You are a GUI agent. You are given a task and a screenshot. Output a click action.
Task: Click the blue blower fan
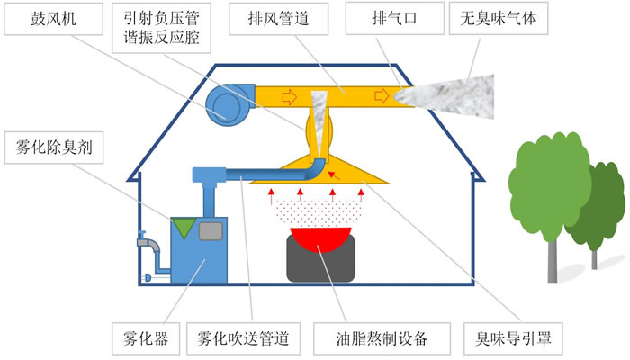[x=226, y=104]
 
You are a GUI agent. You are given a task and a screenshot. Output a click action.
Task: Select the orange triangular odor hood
[x=360, y=173]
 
